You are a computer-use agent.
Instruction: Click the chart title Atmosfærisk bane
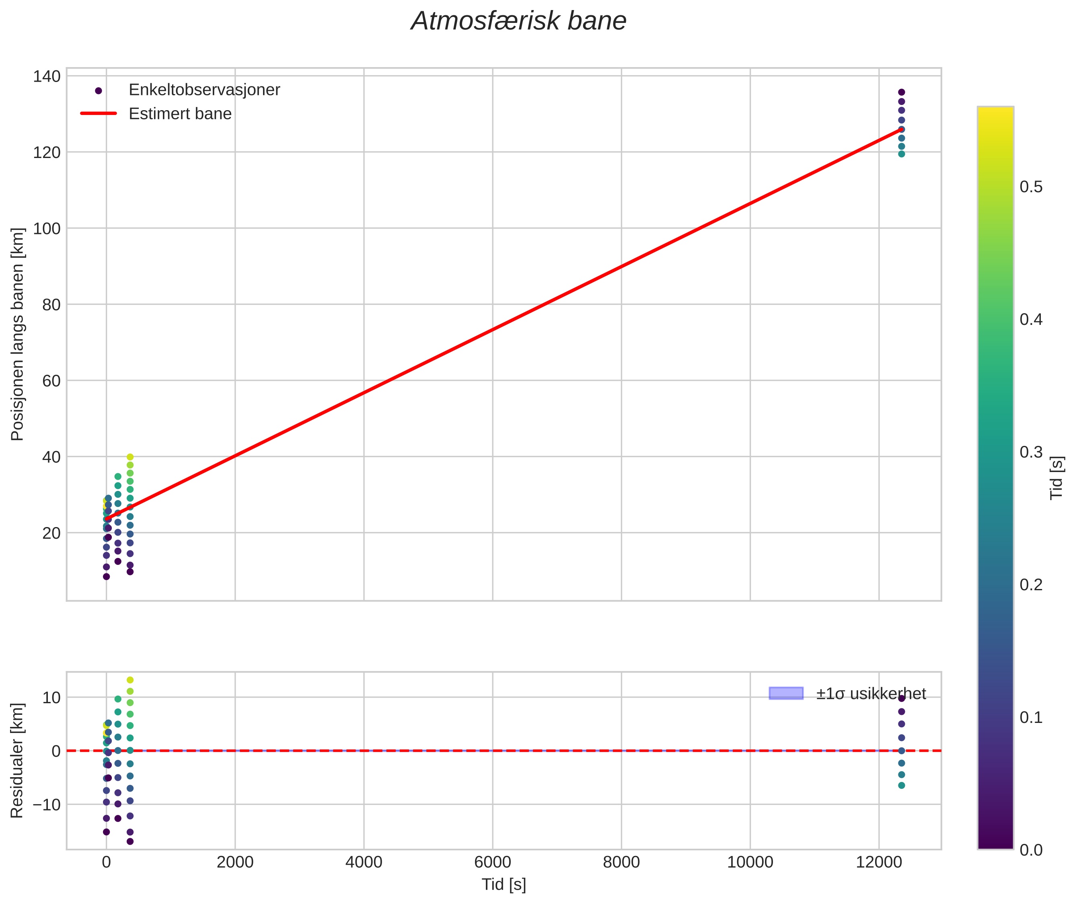pyautogui.click(x=518, y=21)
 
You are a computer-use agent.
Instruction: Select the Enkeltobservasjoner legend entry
pyautogui.click(x=204, y=90)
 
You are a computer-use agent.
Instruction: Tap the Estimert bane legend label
pyautogui.click(x=180, y=114)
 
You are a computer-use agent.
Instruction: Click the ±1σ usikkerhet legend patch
pyautogui.click(x=785, y=693)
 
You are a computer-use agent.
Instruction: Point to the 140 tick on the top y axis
pyautogui.click(x=47, y=76)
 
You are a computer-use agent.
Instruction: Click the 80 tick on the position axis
pyautogui.click(x=51, y=305)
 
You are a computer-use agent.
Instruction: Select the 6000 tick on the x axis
pyautogui.click(x=492, y=862)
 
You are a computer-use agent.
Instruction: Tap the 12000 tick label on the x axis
pyautogui.click(x=879, y=862)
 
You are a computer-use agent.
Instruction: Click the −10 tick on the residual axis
pyautogui.click(x=47, y=805)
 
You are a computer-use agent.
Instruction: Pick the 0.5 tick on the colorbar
pyautogui.click(x=1030, y=187)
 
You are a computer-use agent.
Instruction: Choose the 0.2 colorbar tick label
pyautogui.click(x=1030, y=585)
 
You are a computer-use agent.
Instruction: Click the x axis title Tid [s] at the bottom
pyautogui.click(x=504, y=885)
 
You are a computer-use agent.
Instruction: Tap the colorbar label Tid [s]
pyautogui.click(x=1057, y=478)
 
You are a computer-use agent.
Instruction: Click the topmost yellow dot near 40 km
pyautogui.click(x=130, y=457)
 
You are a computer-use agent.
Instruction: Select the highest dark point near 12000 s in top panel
pyautogui.click(x=901, y=92)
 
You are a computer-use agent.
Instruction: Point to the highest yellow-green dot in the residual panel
pyautogui.click(x=130, y=680)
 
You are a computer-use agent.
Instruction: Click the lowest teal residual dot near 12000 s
pyautogui.click(x=901, y=785)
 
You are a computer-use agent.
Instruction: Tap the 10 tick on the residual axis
pyautogui.click(x=51, y=697)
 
